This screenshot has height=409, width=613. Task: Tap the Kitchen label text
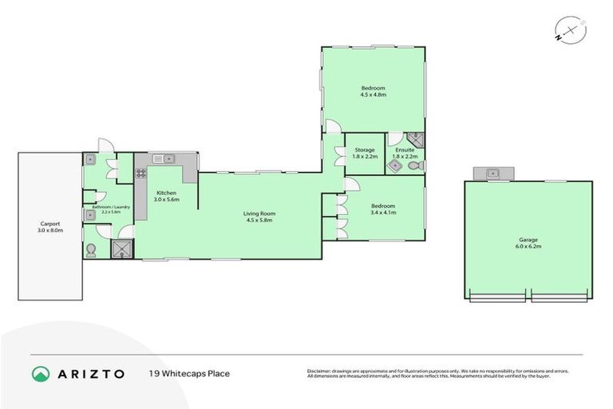point(166,193)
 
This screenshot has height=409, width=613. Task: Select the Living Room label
point(259,213)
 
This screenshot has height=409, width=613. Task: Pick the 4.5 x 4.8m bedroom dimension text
point(373,95)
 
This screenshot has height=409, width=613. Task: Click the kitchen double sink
point(163,158)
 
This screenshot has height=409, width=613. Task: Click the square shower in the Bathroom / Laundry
point(123,250)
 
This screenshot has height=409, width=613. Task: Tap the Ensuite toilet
point(413,166)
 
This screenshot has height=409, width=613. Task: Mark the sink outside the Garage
point(493,173)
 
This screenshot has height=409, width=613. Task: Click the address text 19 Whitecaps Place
point(189,373)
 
